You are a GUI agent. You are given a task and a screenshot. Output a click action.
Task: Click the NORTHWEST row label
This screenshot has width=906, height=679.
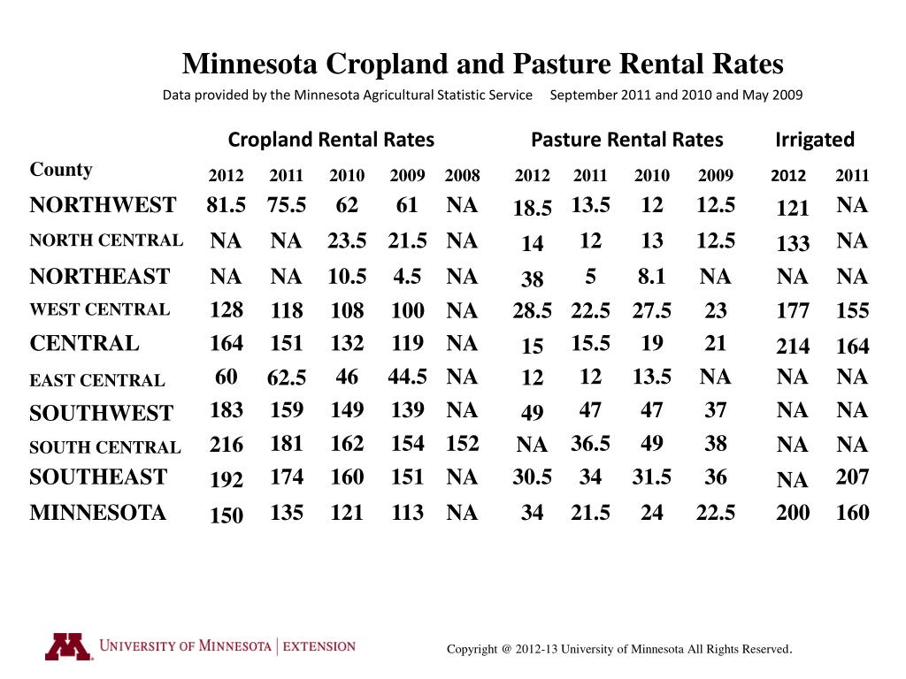[103, 206]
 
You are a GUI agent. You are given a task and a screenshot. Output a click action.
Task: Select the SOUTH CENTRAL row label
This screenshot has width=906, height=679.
[105, 447]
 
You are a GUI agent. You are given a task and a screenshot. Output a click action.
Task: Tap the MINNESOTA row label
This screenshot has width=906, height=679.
[97, 513]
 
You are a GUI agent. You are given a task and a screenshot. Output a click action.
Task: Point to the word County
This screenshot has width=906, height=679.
[61, 170]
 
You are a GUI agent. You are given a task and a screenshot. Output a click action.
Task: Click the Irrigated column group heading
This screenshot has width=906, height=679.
[815, 140]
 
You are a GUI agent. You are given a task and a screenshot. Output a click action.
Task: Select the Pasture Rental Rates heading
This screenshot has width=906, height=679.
[626, 140]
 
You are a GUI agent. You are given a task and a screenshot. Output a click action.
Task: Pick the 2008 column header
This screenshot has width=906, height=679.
[462, 176]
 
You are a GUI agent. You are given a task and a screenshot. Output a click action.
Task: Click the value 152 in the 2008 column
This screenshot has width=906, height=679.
[462, 444]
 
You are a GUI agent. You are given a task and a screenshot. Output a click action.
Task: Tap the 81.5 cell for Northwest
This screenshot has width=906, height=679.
[226, 206]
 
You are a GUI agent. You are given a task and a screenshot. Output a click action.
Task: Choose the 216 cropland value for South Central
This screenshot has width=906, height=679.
[226, 444]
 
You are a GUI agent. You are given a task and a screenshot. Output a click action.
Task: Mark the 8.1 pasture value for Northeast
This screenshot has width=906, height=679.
[651, 277]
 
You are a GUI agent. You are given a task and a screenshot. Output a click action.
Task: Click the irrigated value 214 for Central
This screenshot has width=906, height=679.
[792, 347]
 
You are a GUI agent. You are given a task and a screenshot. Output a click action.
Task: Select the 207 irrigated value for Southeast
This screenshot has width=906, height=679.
[852, 477]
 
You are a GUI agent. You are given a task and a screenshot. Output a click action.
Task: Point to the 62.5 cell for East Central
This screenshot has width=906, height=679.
[287, 379]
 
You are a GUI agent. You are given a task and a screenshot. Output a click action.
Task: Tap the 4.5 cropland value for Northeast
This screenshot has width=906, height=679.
[407, 277]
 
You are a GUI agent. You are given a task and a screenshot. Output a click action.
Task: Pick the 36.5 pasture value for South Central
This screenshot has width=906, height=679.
[590, 444]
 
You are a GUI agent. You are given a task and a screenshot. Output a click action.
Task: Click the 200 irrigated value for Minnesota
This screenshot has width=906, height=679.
[792, 513]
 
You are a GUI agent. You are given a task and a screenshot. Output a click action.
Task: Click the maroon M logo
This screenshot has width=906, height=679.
[68, 647]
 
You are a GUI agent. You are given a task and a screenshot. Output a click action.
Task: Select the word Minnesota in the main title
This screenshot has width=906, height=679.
[250, 65]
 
